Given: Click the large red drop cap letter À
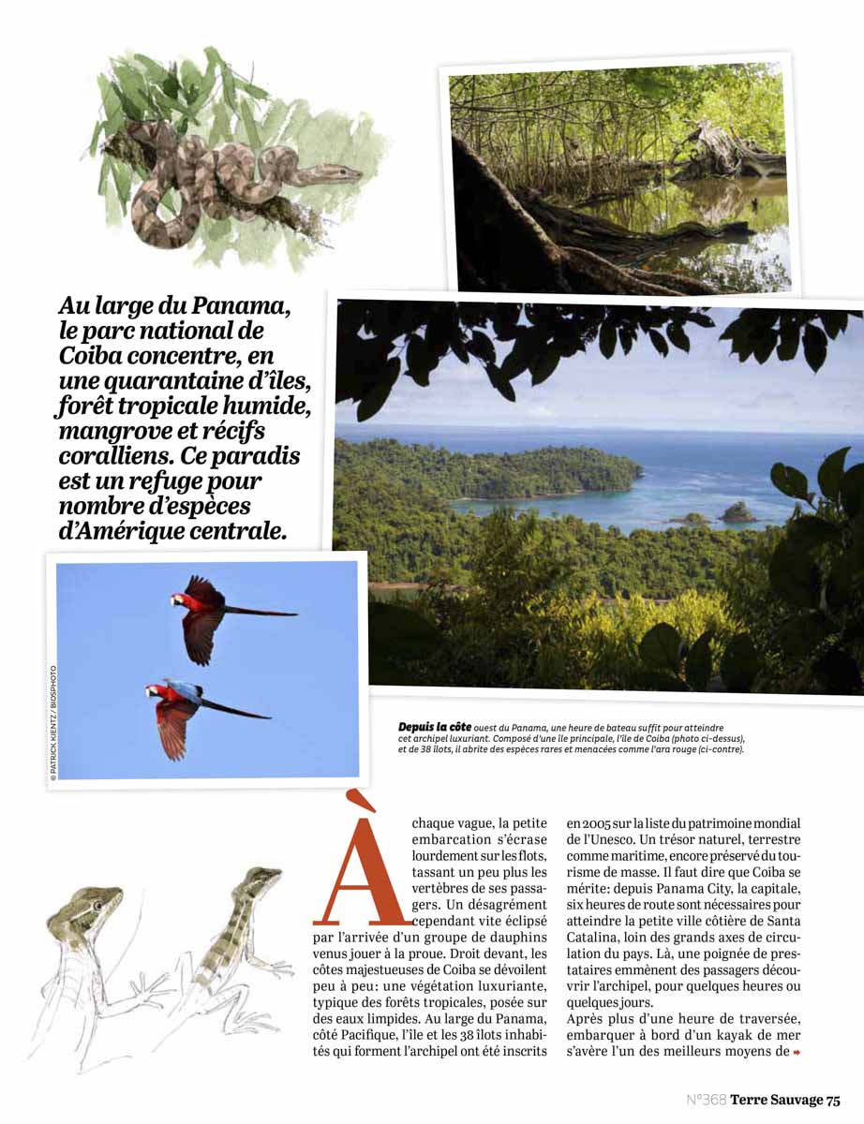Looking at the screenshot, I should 362,862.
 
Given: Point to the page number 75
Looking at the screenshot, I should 833,1100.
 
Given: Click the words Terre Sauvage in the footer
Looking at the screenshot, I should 776,1100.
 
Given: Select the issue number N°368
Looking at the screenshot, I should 707,1100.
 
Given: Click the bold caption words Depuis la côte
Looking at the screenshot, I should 435,727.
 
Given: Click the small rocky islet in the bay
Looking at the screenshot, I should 737,511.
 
